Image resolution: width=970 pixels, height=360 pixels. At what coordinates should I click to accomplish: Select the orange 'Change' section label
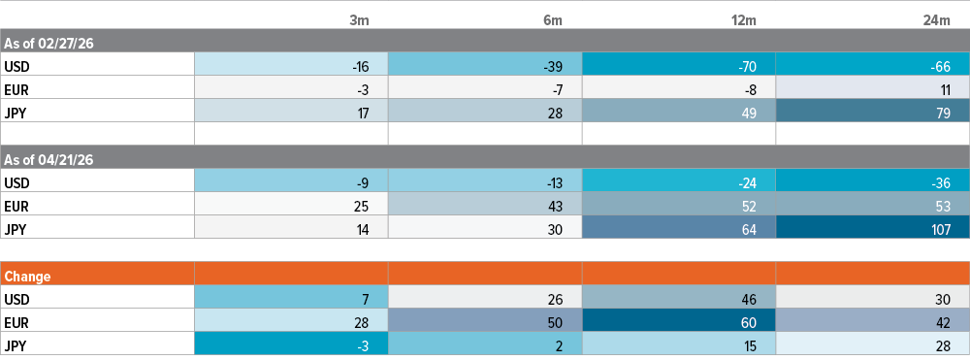(27, 277)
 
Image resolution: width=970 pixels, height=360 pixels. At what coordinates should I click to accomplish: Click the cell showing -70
(679, 65)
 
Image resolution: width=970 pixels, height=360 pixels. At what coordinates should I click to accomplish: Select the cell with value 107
(873, 227)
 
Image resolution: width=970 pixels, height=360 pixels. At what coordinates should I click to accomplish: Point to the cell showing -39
(485, 65)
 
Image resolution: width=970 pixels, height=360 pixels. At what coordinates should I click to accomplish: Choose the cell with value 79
(873, 111)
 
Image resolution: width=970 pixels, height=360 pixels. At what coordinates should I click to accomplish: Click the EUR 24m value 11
(873, 88)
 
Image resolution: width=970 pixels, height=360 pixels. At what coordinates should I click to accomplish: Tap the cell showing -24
(679, 180)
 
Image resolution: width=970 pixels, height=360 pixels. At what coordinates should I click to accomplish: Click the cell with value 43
(485, 204)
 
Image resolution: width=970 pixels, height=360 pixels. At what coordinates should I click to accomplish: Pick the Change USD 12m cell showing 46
(679, 298)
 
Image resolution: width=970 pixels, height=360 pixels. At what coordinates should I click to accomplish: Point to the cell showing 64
(679, 227)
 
